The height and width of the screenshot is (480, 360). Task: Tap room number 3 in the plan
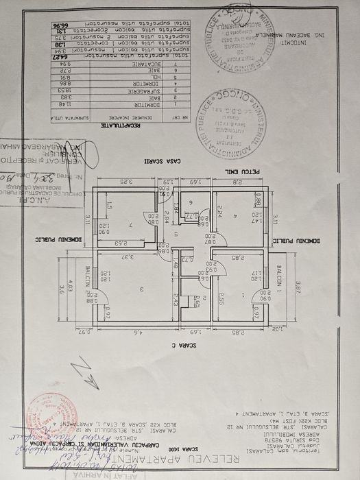[141, 289]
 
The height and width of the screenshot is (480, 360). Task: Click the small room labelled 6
[191, 203]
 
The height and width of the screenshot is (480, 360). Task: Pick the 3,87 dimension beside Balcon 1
[298, 289]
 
